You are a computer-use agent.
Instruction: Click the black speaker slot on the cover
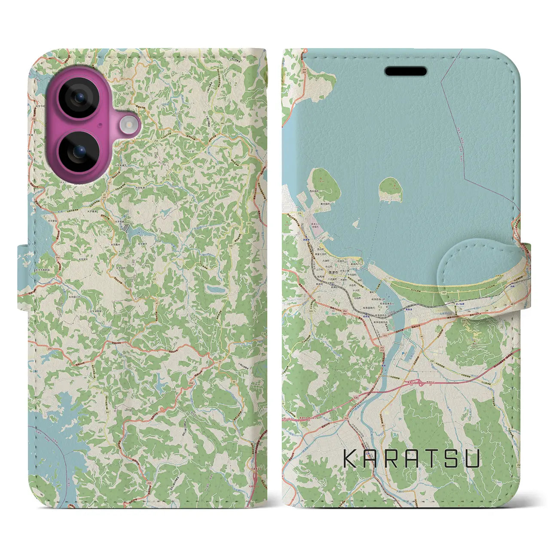pos(406,71)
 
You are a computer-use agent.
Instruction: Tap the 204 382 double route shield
pos(345,313)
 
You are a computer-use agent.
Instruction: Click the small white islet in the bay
pos(355,223)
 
